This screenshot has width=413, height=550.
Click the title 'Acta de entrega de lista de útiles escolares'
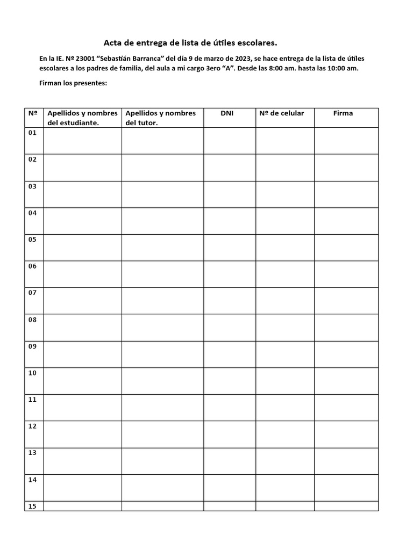(190, 42)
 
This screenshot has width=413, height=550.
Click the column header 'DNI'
(227, 113)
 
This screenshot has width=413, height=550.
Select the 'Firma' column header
(343, 113)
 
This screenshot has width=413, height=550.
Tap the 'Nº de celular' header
(281, 113)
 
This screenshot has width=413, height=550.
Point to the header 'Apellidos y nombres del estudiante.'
(82, 118)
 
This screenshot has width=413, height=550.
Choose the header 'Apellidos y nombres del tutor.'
(161, 118)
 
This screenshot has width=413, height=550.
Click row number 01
(32, 133)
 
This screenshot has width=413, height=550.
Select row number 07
(32, 293)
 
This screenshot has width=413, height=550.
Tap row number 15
(32, 506)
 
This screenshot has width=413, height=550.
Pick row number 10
(32, 373)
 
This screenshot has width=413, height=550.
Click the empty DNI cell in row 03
(230, 194)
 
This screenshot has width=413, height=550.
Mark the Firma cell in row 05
(346, 247)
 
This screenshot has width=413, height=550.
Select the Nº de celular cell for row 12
(285, 434)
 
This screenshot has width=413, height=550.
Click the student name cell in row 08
(82, 327)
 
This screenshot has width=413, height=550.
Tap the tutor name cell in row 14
(162, 487)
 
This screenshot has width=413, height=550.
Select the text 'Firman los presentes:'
(74, 83)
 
